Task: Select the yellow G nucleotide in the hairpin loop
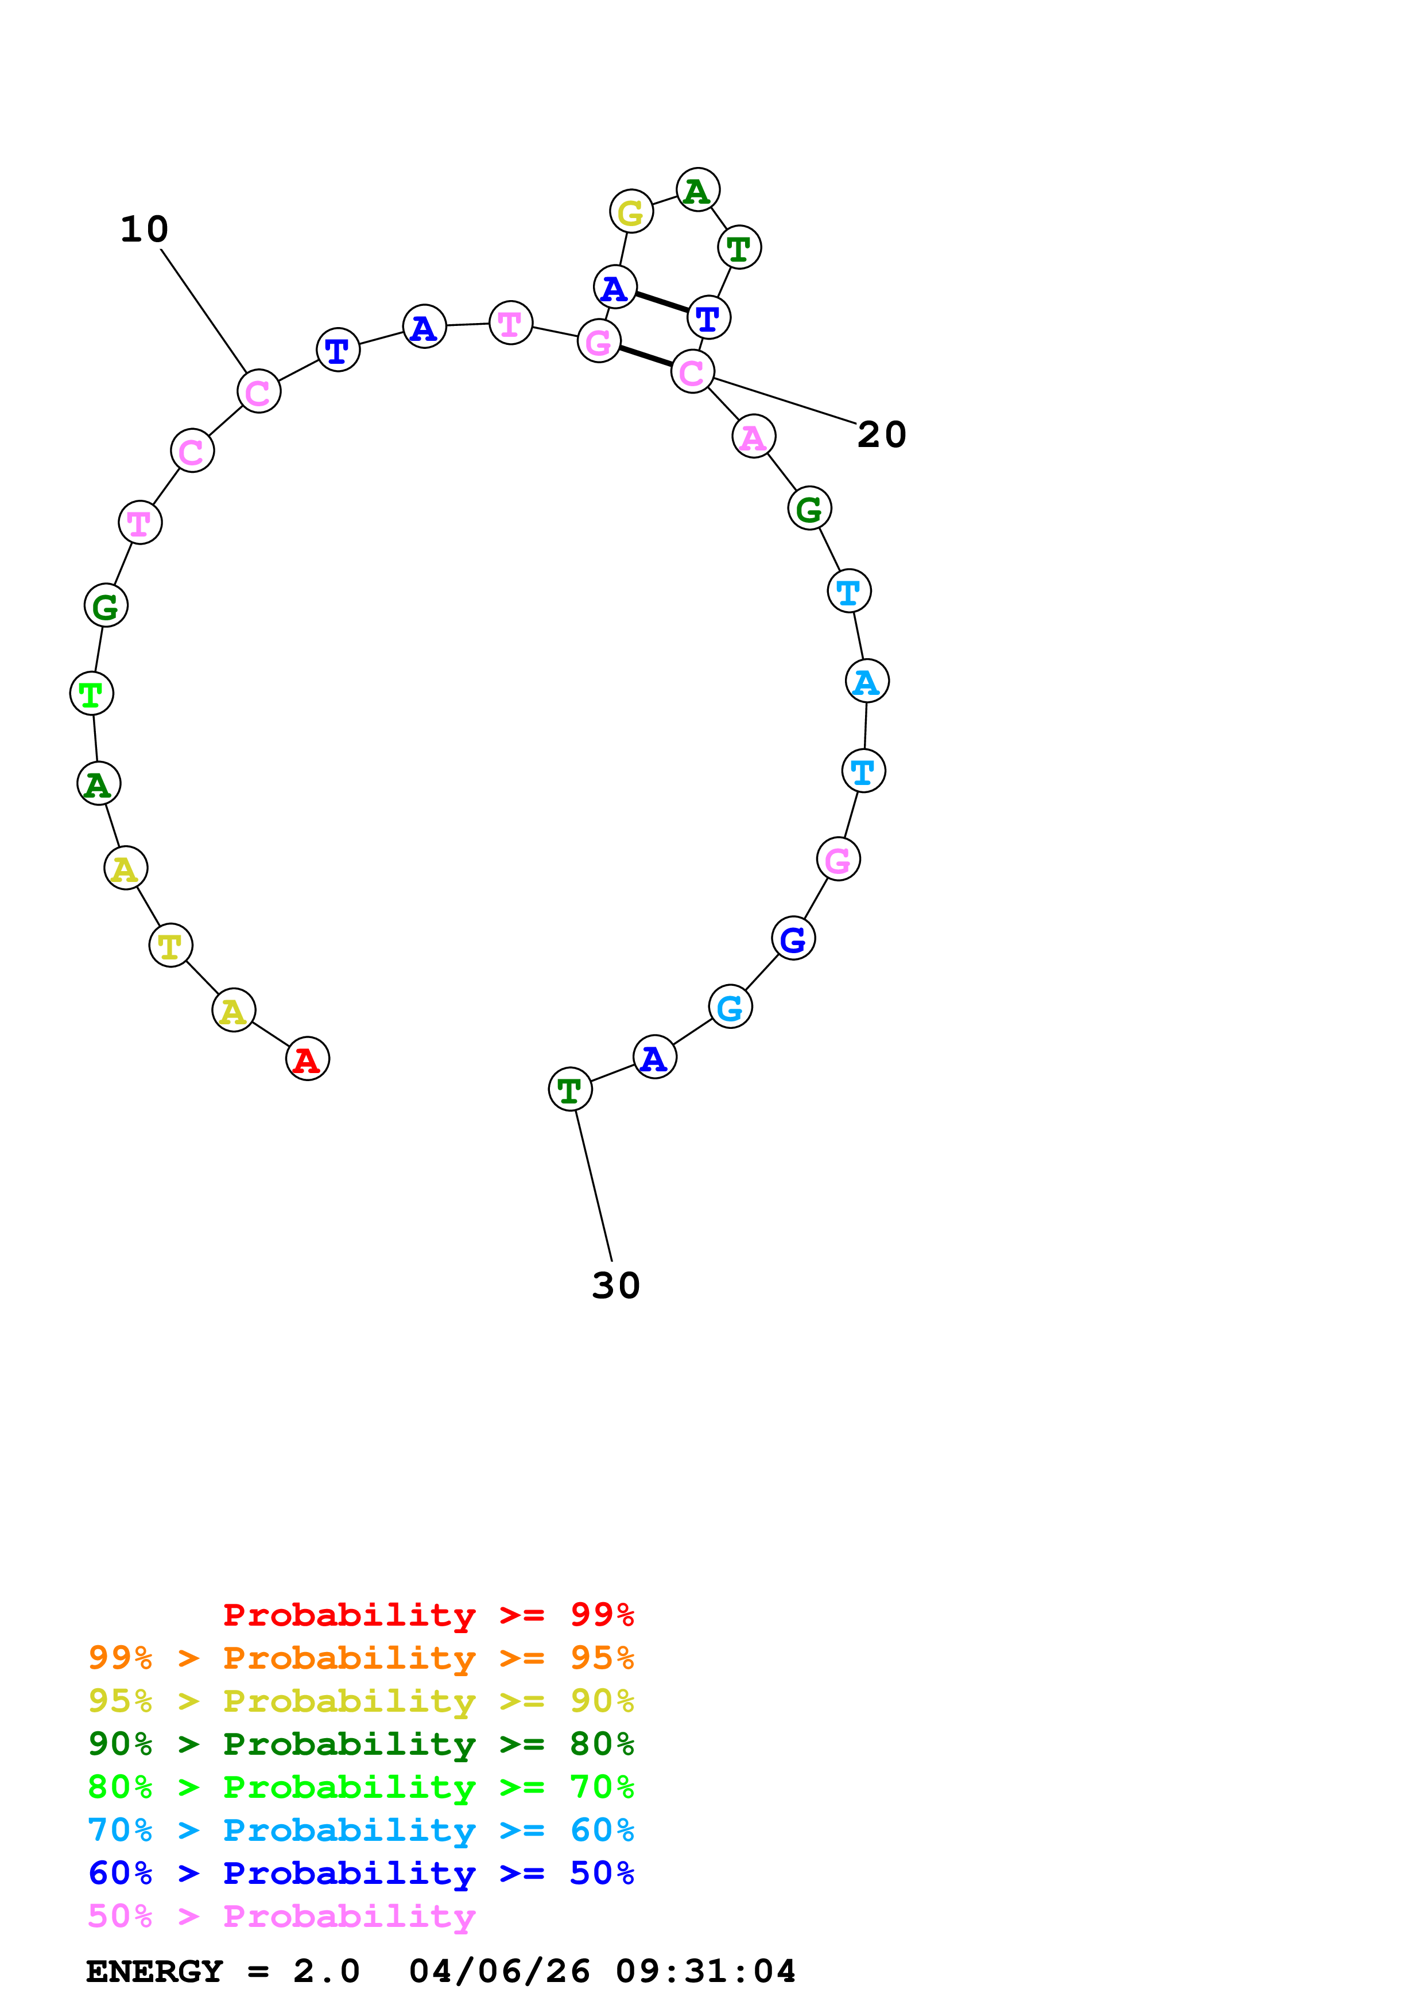pyautogui.click(x=630, y=211)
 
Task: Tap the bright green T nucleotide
pyautogui.click(x=91, y=694)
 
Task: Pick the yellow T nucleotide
pyautogui.click(x=170, y=945)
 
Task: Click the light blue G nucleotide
pyautogui.click(x=730, y=1008)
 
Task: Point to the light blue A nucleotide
pyautogui.click(x=866, y=681)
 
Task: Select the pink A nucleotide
pyautogui.click(x=753, y=437)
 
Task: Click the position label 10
pyautogui.click(x=144, y=230)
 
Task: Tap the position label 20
pyautogui.click(x=881, y=435)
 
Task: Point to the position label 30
pyautogui.click(x=615, y=1286)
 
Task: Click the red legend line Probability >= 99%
pyautogui.click(x=428, y=1615)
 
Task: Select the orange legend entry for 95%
pyautogui.click(x=361, y=1658)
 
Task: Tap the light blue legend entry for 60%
pyautogui.click(x=361, y=1830)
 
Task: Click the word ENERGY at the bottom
pyautogui.click(x=154, y=1972)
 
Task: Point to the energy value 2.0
pyautogui.click(x=326, y=1972)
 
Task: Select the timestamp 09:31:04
pyautogui.click(x=706, y=1972)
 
